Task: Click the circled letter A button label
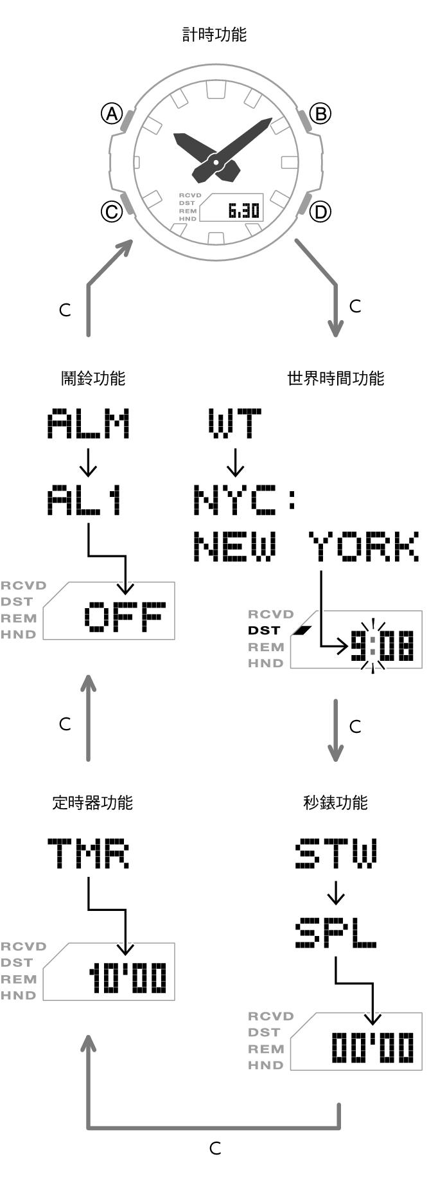[x=112, y=114]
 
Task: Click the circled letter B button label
[x=320, y=114]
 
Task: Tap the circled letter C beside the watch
[x=112, y=212]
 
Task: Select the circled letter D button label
[x=320, y=212]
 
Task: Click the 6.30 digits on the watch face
[x=243, y=210]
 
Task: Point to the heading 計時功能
[x=214, y=34]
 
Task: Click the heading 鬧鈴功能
[x=93, y=378]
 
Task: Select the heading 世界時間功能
[x=335, y=378]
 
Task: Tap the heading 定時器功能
[x=92, y=802]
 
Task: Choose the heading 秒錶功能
[x=335, y=802]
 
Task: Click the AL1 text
[x=85, y=501]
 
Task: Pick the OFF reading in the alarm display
[x=125, y=617]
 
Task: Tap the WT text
[x=235, y=424]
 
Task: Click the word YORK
[x=364, y=547]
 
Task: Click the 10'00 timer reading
[x=128, y=978]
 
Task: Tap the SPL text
[x=335, y=933]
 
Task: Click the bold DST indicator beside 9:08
[x=265, y=631]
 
